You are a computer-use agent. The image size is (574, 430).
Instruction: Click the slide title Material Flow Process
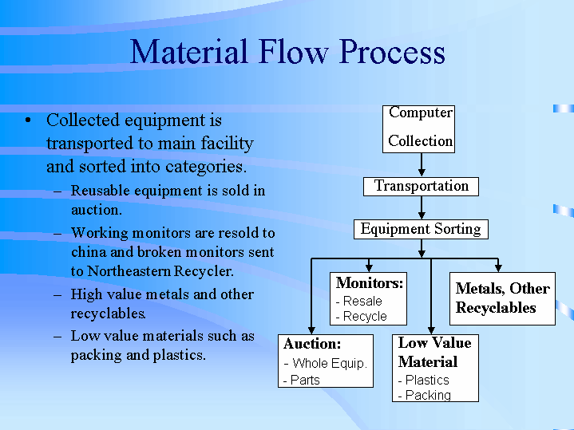287,53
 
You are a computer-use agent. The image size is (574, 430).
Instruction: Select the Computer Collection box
421,128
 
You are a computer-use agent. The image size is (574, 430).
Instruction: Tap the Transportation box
422,186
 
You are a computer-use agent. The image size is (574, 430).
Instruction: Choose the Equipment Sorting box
421,229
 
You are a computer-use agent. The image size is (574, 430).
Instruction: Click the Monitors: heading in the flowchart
370,283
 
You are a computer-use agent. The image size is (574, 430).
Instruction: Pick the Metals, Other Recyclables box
502,298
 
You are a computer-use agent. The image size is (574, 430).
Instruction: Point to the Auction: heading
312,344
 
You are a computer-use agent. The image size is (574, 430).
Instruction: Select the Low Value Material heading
435,352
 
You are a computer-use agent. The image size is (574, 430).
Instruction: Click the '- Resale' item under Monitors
359,302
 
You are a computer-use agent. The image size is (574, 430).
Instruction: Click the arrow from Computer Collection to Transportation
422,164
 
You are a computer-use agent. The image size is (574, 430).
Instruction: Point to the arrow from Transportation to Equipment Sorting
422,207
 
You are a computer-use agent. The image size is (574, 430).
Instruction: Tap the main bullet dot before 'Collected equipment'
28,121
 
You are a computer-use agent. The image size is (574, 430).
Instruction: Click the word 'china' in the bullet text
91,252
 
